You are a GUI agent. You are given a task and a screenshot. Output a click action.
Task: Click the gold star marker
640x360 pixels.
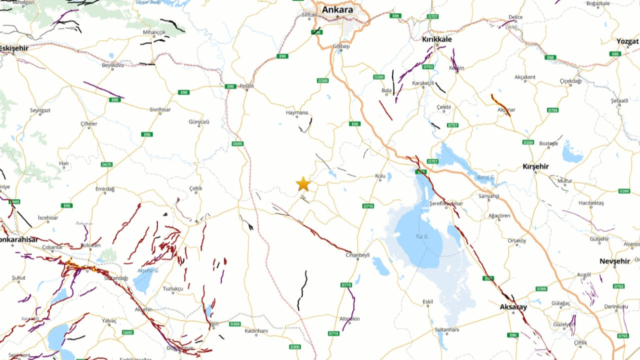point(303,183)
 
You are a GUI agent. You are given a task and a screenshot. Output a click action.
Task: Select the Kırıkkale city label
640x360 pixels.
point(436,39)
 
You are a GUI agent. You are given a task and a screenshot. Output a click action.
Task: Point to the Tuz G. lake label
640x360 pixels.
point(422,236)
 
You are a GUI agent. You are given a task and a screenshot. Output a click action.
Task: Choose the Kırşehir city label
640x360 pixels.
point(535,166)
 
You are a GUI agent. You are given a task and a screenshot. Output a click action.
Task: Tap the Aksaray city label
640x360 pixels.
point(513,307)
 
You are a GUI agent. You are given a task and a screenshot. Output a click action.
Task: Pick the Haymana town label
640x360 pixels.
point(297,112)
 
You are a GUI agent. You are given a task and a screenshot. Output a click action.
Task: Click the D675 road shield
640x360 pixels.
point(106,164)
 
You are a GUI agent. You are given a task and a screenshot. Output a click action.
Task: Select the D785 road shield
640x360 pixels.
point(552,110)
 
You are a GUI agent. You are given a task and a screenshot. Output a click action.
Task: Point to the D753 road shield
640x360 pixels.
point(428,66)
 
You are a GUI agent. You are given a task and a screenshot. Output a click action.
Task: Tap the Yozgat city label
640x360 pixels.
point(627,41)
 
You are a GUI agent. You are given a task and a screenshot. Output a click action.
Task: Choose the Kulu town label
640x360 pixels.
point(380,176)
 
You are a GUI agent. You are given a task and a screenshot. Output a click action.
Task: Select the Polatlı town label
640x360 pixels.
point(247,86)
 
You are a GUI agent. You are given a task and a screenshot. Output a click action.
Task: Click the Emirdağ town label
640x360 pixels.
point(105,189)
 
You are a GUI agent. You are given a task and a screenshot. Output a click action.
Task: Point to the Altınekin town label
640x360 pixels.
point(349,318)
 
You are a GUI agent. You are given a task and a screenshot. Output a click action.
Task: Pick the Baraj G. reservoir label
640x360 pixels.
point(485,177)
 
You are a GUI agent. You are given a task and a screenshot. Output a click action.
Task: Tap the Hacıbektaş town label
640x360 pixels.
point(591,203)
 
